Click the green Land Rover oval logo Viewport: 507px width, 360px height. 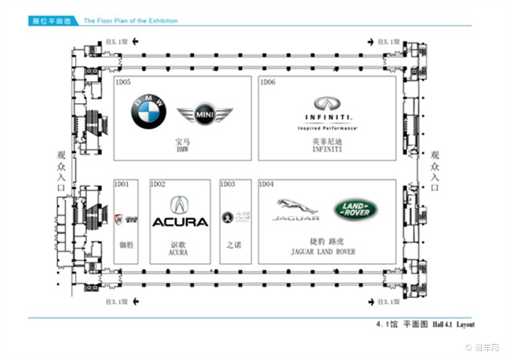click(x=353, y=210)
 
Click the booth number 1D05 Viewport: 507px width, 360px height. click(x=124, y=82)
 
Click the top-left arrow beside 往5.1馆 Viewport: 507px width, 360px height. click(x=135, y=40)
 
